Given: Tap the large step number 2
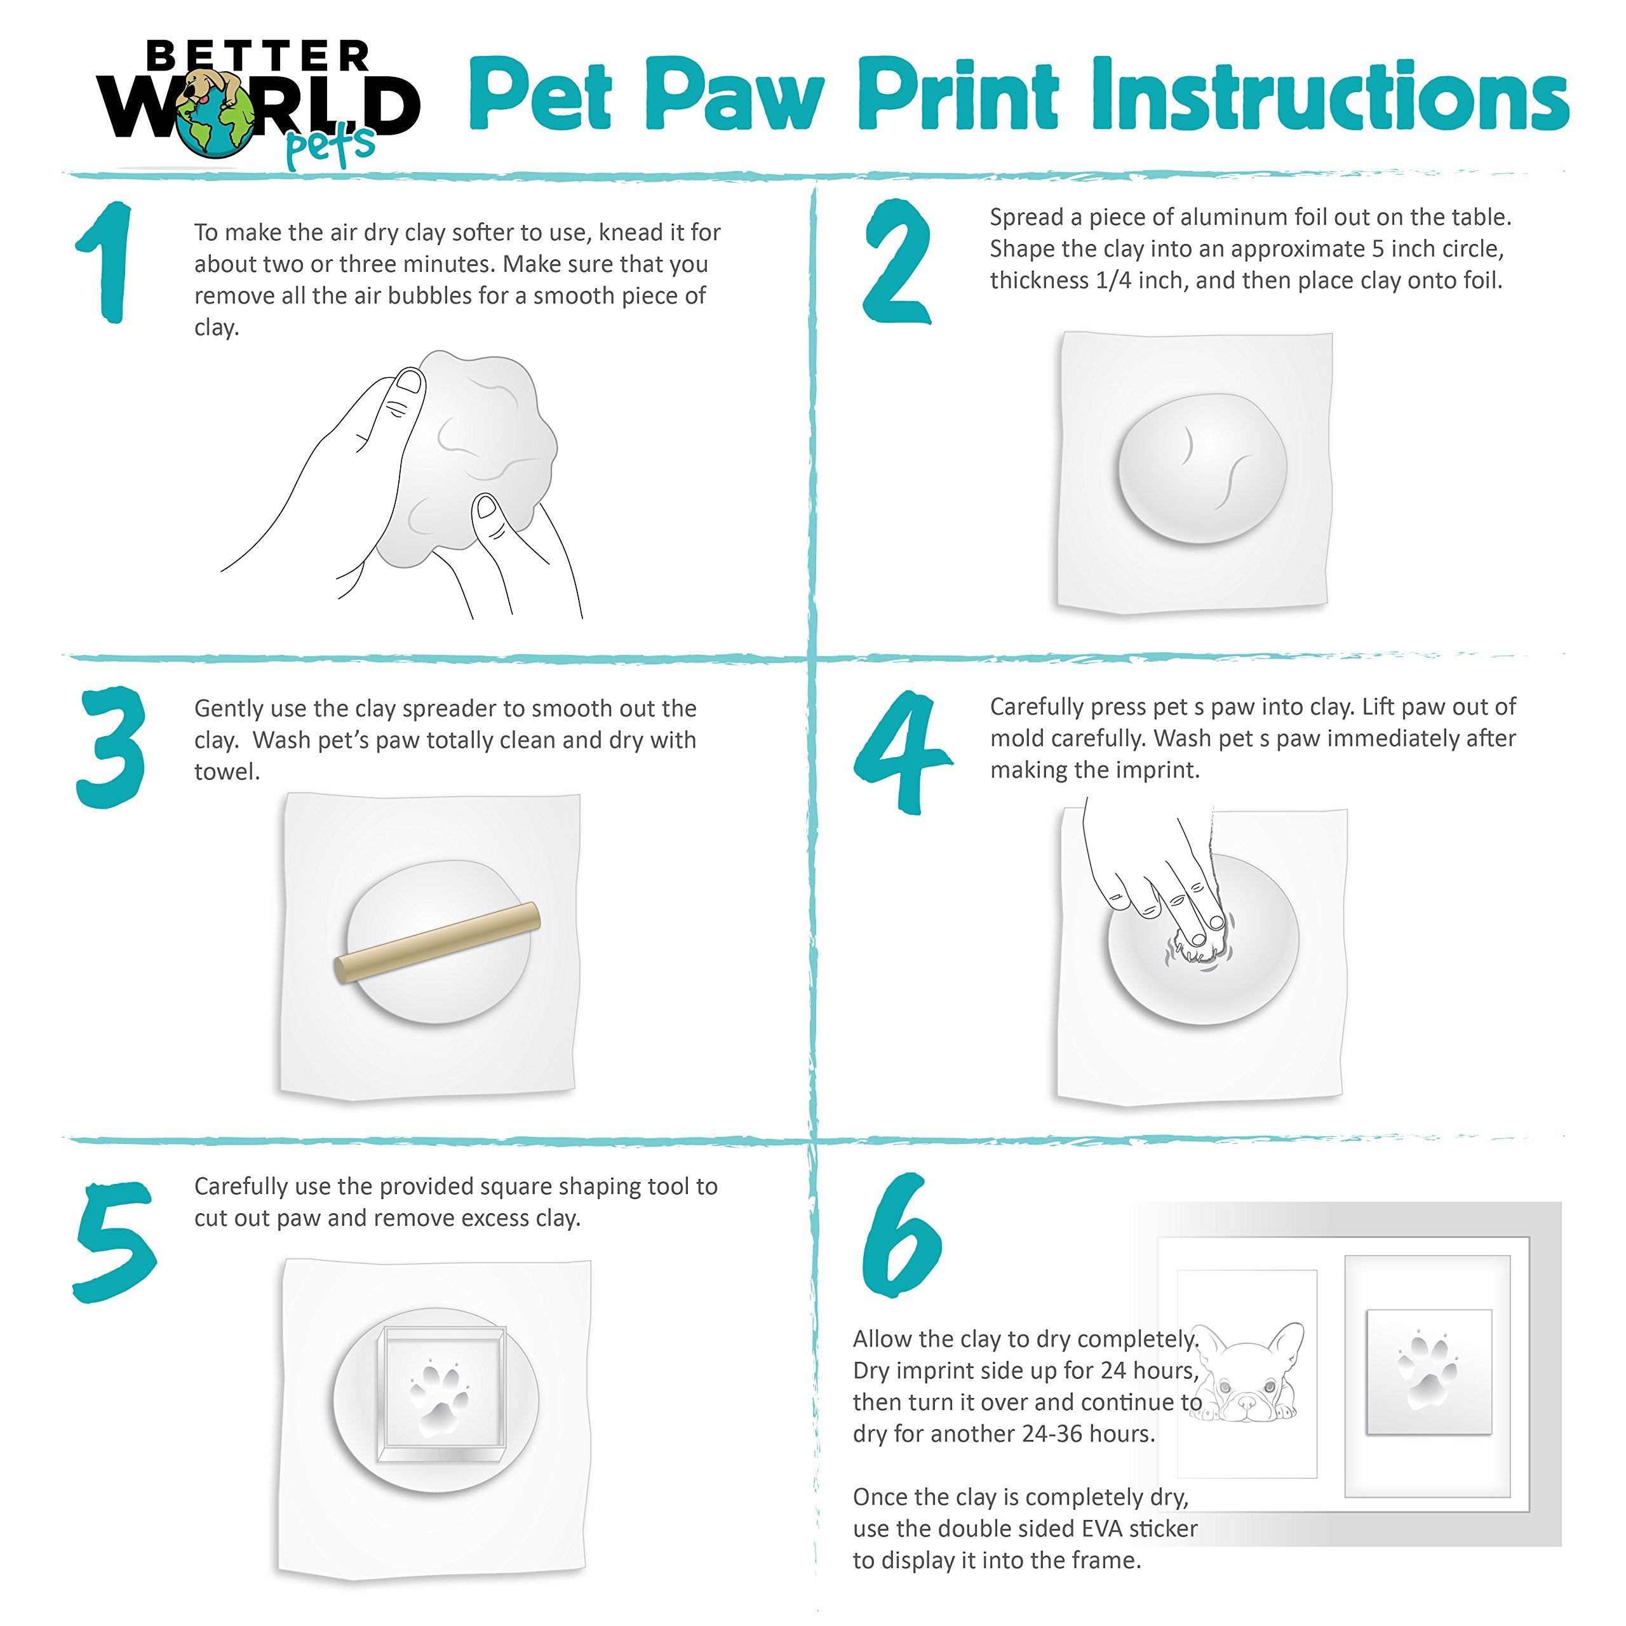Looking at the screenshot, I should (898, 262).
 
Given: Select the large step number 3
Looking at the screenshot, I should (112, 748).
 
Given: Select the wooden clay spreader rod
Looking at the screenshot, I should (438, 943).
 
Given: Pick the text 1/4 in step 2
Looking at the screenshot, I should (1113, 280).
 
